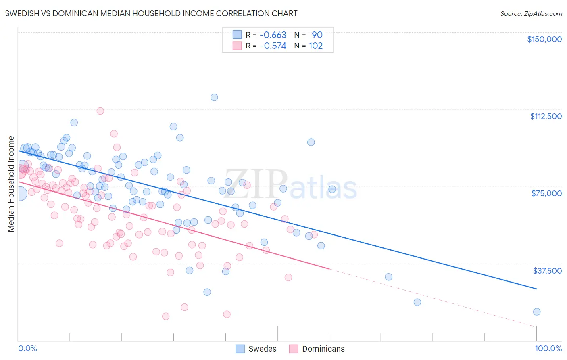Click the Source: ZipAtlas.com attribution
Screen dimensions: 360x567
tap(531, 14)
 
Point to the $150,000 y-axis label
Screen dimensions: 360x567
tap(544, 39)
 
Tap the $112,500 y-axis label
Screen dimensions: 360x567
tap(546, 116)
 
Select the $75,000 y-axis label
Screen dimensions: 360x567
tap(546, 193)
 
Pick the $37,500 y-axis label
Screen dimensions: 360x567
tap(547, 271)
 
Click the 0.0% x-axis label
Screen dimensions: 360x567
tap(27, 348)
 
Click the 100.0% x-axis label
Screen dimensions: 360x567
tap(548, 348)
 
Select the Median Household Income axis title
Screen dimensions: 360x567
tap(11, 184)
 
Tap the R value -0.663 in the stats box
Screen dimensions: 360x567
tap(273, 35)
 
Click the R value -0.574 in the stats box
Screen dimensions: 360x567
tap(273, 46)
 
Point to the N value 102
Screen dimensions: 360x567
tap(316, 46)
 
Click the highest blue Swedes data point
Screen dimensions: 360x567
tap(214, 97)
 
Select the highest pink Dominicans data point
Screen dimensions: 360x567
tap(100, 111)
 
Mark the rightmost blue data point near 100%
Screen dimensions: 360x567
tap(537, 312)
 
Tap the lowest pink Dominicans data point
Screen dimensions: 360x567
tap(166, 316)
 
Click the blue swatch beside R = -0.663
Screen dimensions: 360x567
tap(237, 35)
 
